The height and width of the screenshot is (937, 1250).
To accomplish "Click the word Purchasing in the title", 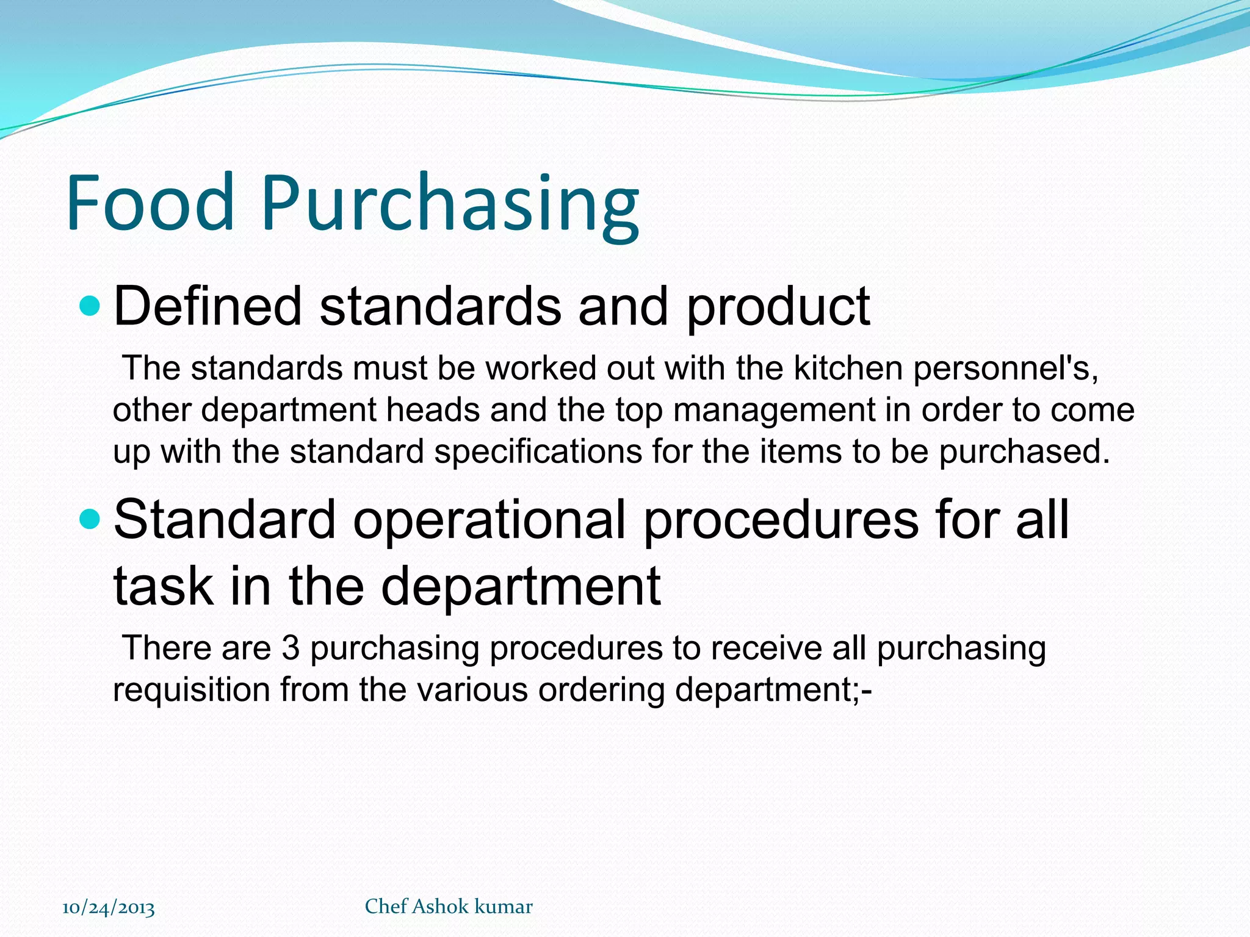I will (x=450, y=205).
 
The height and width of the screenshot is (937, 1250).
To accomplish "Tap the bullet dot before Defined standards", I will (x=90, y=306).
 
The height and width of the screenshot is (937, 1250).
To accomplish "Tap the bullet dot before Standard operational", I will (x=90, y=519).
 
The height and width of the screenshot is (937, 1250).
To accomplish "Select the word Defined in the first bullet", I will (x=208, y=306).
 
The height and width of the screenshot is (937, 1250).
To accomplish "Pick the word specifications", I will (x=538, y=453).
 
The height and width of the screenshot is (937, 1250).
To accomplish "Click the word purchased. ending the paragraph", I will (x=1024, y=453).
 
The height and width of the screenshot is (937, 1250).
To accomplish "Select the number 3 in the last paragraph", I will (x=291, y=648).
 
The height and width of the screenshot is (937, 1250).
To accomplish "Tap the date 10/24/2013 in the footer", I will (x=109, y=908).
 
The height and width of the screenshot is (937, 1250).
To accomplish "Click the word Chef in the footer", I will (x=386, y=906).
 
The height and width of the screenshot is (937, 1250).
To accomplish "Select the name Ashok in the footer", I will (x=441, y=906).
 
